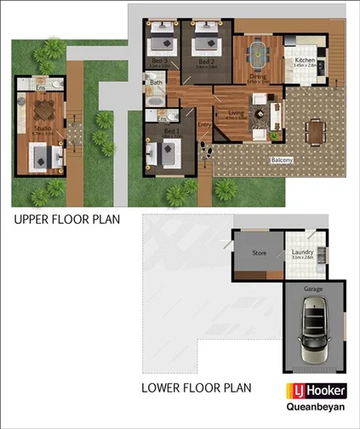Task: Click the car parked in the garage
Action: pyautogui.click(x=314, y=332)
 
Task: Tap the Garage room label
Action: pyautogui.click(x=314, y=289)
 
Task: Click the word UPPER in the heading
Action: pyautogui.click(x=34, y=220)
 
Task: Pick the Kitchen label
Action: pyautogui.click(x=305, y=60)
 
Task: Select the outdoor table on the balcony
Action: pyautogui.click(x=316, y=131)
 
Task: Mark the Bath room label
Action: pyautogui.click(x=156, y=83)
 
